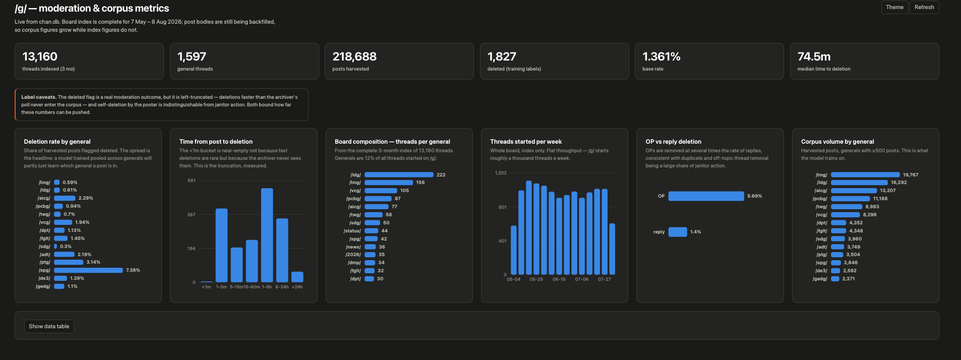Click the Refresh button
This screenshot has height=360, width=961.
pos(924,7)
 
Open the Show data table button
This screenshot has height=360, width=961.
pos(49,326)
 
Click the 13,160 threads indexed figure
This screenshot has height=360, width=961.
pos(40,56)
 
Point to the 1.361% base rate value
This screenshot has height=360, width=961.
pos(662,56)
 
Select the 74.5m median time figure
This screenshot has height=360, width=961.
pos(814,56)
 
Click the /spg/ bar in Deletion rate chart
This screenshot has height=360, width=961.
pos(88,270)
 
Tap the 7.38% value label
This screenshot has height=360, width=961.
pos(133,270)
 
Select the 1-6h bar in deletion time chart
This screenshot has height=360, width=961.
pos(267,235)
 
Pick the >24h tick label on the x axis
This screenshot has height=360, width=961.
pos(297,287)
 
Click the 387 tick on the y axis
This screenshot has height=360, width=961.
pos(191,215)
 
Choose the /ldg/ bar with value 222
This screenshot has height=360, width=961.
pos(399,175)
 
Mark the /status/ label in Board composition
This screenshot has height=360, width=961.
pos(352,231)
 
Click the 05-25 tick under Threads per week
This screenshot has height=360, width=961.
pos(536,279)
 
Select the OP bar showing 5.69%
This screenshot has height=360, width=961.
pos(706,196)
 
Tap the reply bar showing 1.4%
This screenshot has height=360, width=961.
pos(678,232)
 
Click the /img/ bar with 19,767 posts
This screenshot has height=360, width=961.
pos(865,175)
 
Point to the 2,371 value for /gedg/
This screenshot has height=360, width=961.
pos(849,279)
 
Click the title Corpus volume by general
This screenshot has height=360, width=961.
pos(837,142)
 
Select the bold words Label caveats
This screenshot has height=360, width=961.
pos(38,97)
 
